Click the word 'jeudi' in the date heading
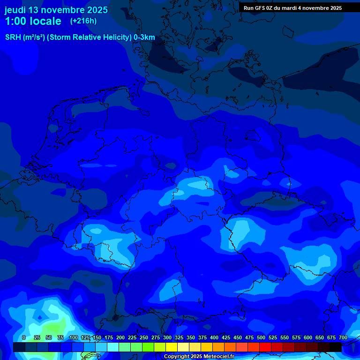pos(15,10)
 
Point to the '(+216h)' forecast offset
pos(83,21)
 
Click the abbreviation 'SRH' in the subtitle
pos(13,37)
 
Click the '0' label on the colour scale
pos(24,337)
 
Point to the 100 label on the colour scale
pos(74,337)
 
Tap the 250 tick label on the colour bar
pos(144,337)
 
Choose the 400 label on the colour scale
pos(214,337)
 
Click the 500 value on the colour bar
pos(261,337)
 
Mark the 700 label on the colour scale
pos(343,337)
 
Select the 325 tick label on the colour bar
pos(179,337)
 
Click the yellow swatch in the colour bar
pos(172,347)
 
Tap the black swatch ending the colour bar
pos(336,347)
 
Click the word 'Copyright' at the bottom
pos(176,357)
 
